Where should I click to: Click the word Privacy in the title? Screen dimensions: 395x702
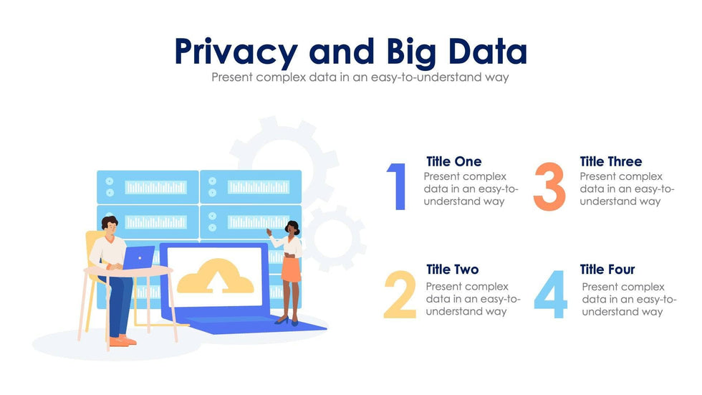235,52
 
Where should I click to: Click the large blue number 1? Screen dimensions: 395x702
398,187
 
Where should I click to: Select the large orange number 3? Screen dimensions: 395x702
549,187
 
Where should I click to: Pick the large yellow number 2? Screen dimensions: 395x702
400,295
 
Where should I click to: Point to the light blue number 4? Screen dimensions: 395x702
551,295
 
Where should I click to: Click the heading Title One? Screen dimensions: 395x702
453,161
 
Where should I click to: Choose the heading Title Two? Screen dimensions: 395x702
452,270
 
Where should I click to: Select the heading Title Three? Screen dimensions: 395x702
610,161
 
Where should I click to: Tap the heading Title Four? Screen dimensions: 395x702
607,270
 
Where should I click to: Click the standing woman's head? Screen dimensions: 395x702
292,229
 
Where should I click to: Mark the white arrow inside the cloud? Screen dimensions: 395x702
215,282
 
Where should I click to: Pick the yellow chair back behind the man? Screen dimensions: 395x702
93,247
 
